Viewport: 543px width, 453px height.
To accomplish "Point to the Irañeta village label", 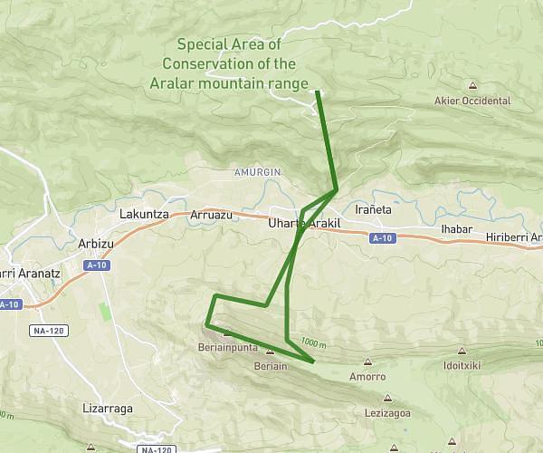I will tap(374, 209).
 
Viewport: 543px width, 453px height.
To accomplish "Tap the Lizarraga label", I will tap(107, 408).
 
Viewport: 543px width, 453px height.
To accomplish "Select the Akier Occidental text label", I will tap(472, 101).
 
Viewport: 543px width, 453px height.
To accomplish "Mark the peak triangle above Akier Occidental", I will tap(472, 86).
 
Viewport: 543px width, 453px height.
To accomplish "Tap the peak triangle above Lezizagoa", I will tap(388, 397).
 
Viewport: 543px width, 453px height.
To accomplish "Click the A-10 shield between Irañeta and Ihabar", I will tap(383, 238).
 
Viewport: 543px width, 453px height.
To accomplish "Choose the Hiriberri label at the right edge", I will tap(513, 237).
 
